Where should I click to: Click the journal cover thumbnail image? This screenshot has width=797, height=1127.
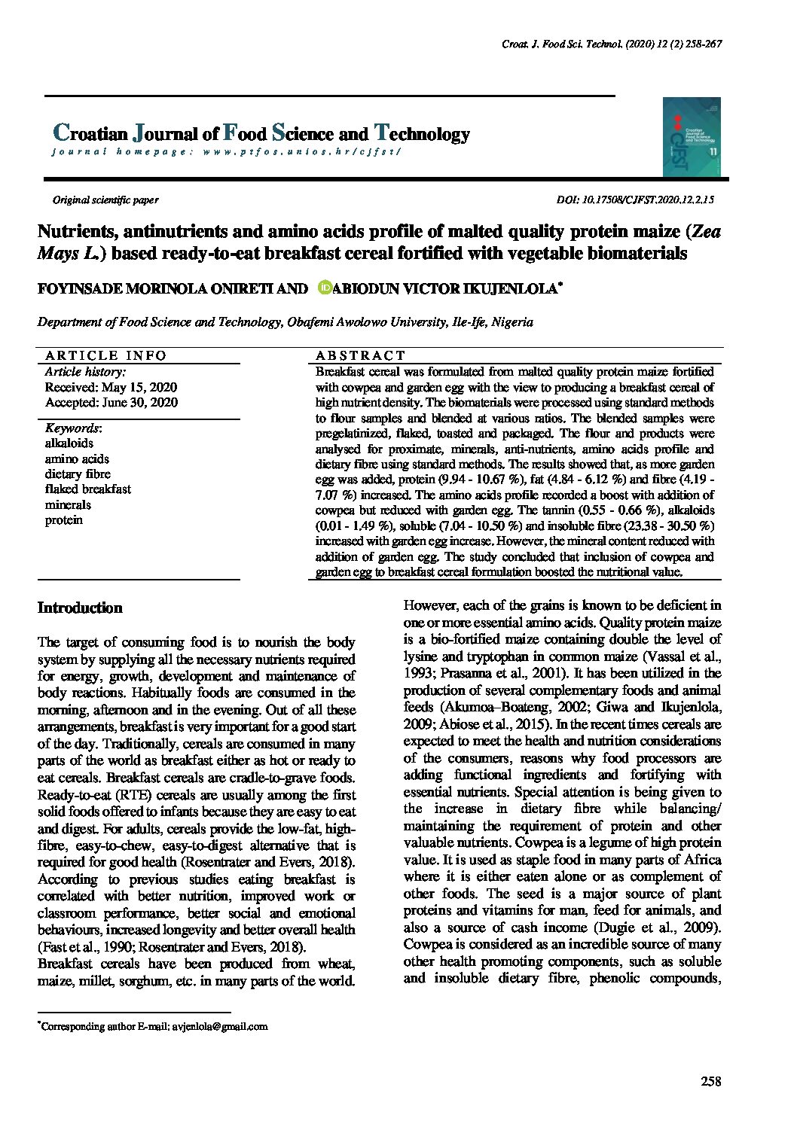[x=692, y=137]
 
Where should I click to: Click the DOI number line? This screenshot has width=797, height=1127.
[x=634, y=200]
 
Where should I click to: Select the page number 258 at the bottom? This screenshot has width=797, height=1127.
[x=710, y=1082]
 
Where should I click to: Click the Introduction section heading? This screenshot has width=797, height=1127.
[x=80, y=608]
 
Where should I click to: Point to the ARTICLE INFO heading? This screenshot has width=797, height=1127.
[x=105, y=355]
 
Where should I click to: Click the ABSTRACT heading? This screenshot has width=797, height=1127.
[x=360, y=355]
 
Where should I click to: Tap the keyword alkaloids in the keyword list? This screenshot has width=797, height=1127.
[x=69, y=443]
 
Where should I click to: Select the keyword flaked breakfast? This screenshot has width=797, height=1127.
[x=87, y=489]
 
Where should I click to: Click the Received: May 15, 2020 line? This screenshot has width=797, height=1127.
[x=111, y=387]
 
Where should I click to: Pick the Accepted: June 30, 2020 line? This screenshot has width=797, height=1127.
[x=111, y=402]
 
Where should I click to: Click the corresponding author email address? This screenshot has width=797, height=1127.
[x=219, y=1026]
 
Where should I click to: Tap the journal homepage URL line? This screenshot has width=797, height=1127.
[x=226, y=151]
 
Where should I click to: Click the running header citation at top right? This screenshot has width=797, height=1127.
[x=612, y=44]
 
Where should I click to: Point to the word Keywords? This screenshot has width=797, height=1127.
[x=72, y=428]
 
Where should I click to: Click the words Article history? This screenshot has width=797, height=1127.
[x=85, y=372]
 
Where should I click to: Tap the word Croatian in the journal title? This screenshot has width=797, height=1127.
[x=90, y=134]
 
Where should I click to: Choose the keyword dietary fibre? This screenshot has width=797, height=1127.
[x=78, y=474]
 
